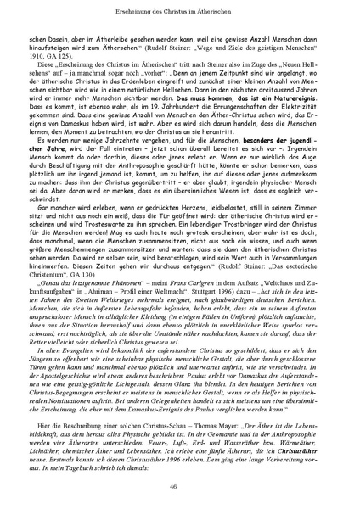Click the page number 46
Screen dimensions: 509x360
(179, 486)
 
